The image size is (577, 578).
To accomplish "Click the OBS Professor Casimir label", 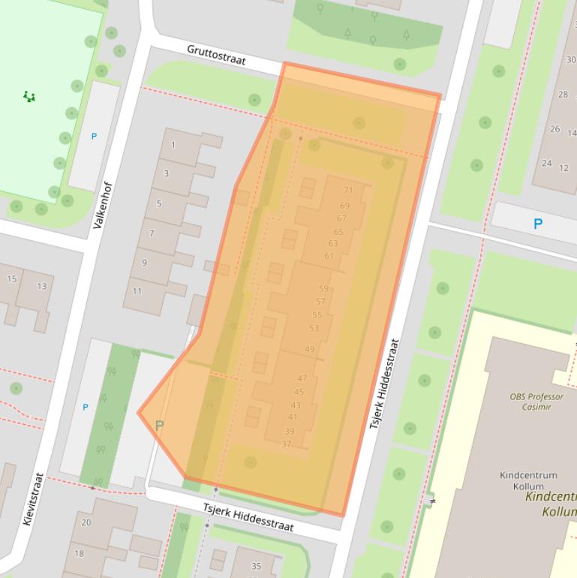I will click(x=531, y=402).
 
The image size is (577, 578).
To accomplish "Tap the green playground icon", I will click(x=29, y=96).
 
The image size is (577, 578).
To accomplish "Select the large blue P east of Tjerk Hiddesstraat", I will click(x=537, y=224).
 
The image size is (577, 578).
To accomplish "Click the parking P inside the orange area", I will click(x=159, y=426).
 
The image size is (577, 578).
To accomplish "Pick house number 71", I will click(x=348, y=191).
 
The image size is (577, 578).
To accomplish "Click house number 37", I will click(x=286, y=444).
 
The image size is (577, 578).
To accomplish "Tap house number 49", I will click(x=310, y=349).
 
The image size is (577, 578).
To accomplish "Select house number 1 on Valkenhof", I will click(x=173, y=145).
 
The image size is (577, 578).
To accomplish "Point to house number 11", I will click(x=137, y=291).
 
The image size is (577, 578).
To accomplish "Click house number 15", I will click(x=11, y=279).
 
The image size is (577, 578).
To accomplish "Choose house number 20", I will click(x=86, y=522).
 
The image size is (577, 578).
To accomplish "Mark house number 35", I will click(x=256, y=566).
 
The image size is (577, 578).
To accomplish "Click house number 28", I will click(x=563, y=95).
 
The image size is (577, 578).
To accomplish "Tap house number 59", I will click(x=323, y=288).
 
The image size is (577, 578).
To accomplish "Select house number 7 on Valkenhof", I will click(x=152, y=233).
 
